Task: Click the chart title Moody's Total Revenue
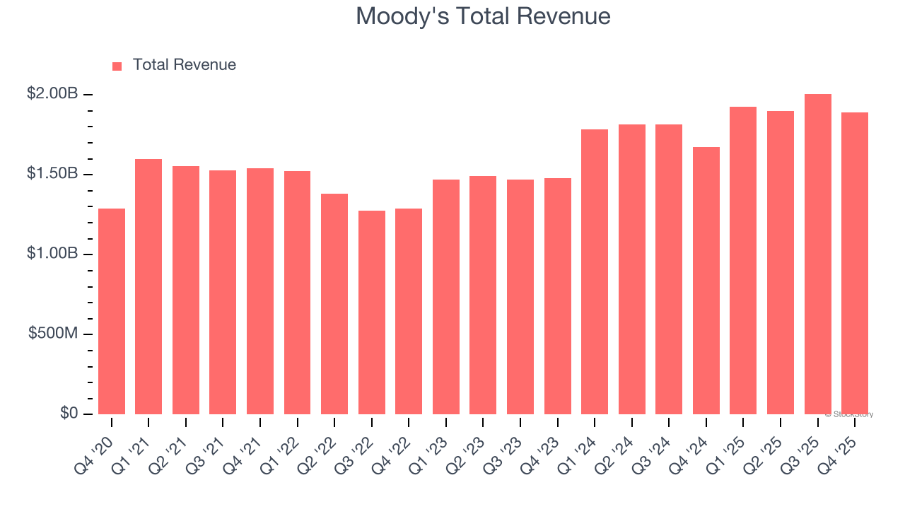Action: [483, 16]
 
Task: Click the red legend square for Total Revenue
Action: [117, 66]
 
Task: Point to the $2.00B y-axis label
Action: [52, 93]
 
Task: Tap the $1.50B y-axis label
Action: [52, 173]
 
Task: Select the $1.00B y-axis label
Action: [52, 253]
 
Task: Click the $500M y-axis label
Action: [53, 333]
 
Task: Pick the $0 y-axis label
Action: [69, 413]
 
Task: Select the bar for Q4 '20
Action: [112, 311]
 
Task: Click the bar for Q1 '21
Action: [148, 286]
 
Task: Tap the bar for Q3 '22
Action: [372, 312]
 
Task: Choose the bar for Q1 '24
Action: [595, 272]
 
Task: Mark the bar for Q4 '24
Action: [706, 281]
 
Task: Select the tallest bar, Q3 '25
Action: [818, 255]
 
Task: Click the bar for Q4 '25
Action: [855, 263]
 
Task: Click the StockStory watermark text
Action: [849, 414]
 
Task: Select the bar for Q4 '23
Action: [558, 296]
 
